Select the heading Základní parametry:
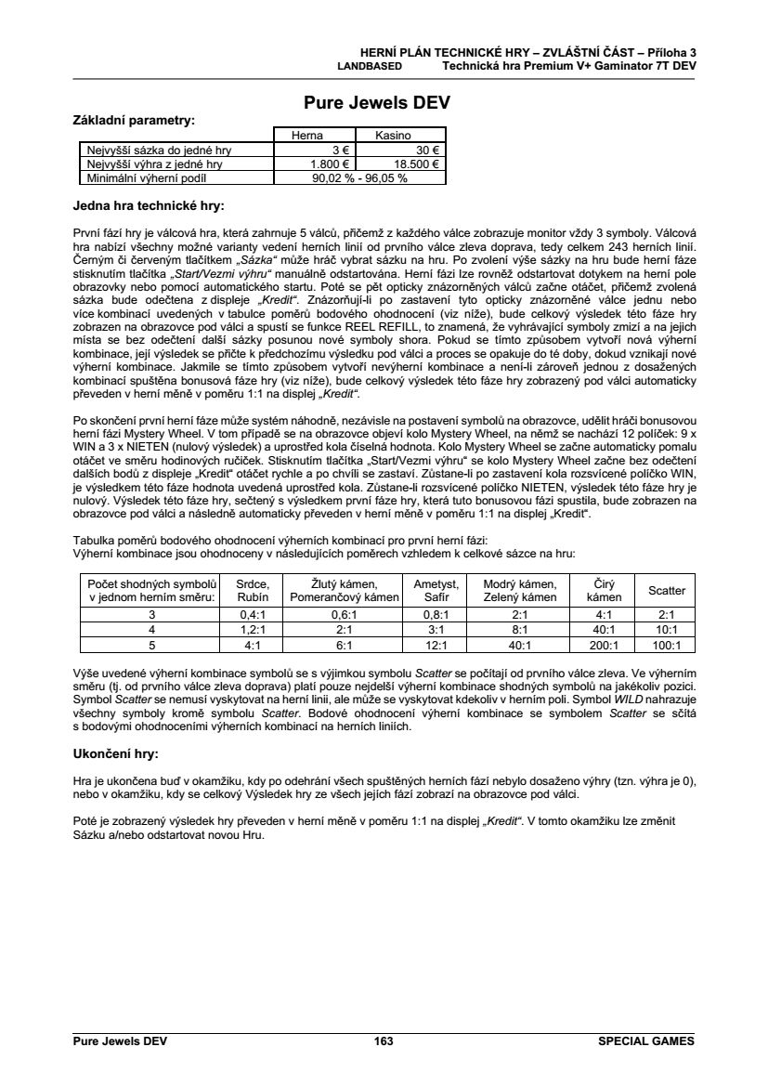[x=134, y=121]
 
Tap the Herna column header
[x=306, y=136]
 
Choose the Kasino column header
[x=393, y=136]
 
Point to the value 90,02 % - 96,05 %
[x=359, y=177]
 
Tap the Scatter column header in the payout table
[x=666, y=590]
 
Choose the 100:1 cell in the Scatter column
[x=666, y=644]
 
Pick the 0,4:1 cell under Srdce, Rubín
[x=253, y=615]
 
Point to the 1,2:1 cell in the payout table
[x=253, y=629]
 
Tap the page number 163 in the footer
[x=384, y=1042]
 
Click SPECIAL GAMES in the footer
[x=647, y=1042]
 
